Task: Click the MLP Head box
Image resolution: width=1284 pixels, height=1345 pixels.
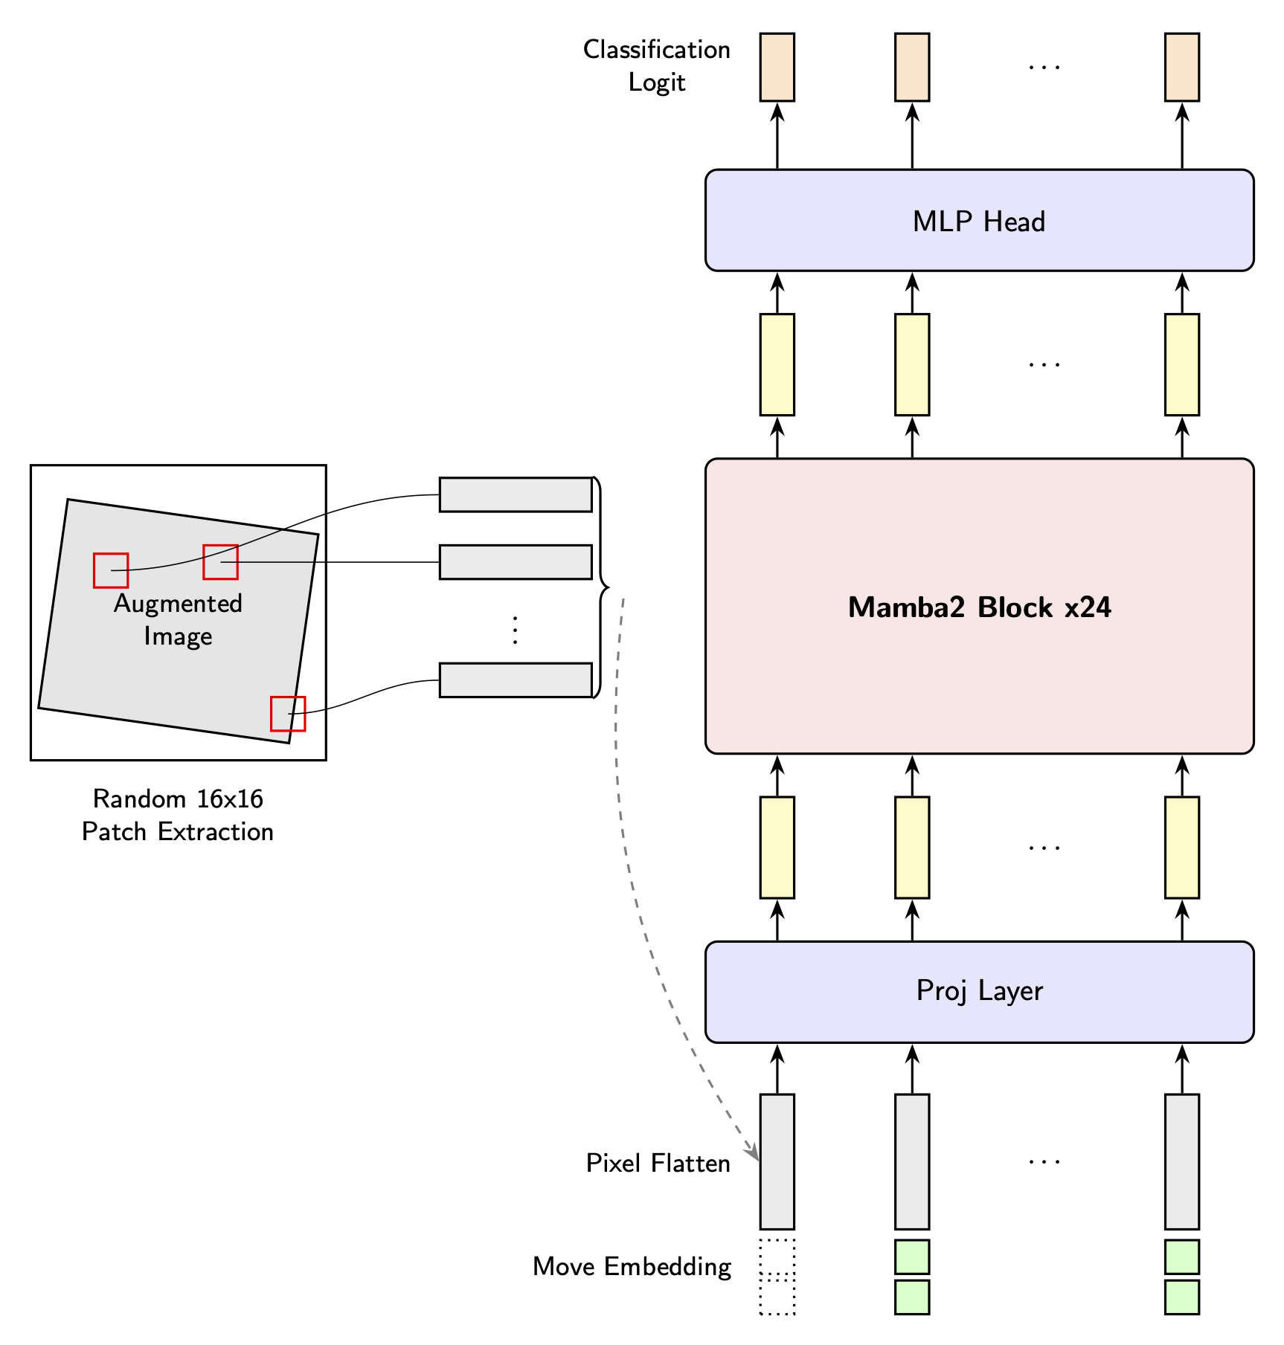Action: tap(978, 221)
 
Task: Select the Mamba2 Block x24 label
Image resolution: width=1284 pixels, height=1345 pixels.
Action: tap(979, 607)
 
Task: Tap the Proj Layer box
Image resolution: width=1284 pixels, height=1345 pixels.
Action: tap(978, 991)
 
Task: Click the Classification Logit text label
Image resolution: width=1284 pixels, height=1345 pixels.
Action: tap(656, 65)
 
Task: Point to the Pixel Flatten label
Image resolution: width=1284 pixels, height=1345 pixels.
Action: tap(658, 1163)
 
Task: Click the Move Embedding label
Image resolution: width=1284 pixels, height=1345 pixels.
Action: tap(632, 1266)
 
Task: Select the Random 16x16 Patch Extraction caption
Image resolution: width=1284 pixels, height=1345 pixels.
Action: tap(178, 815)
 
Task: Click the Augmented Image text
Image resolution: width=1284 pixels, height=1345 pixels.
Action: tap(178, 619)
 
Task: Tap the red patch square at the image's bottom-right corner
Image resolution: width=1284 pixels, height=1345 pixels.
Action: tap(288, 714)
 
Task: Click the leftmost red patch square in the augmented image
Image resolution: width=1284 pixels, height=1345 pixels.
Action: tap(111, 570)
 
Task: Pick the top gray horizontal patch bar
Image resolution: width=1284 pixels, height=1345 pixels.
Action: tap(515, 494)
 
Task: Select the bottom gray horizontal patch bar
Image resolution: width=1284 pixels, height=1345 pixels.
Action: tap(515, 680)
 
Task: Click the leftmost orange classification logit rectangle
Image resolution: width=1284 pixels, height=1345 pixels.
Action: tap(777, 67)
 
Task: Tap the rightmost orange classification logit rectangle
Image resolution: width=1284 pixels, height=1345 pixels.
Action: tap(1181, 67)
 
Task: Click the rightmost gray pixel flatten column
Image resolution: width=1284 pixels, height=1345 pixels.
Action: tap(1181, 1161)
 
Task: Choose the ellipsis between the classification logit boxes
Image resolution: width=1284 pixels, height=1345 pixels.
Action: tap(1044, 67)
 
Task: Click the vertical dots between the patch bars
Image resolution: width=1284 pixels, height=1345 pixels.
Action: tap(515, 630)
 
